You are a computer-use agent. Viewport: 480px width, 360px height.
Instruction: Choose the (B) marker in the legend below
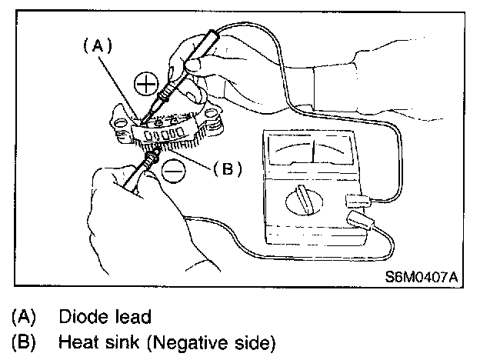[x=22, y=342]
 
